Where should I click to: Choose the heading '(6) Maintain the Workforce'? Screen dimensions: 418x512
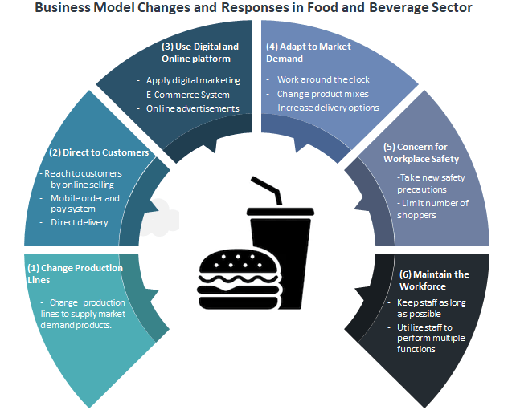[x=434, y=280]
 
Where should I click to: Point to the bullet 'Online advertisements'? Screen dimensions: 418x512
[x=193, y=108]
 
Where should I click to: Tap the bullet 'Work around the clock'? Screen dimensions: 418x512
[x=324, y=80]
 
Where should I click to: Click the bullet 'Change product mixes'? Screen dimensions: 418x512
[x=322, y=94]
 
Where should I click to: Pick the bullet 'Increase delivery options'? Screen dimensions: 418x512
[x=328, y=108]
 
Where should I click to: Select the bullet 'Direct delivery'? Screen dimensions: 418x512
[x=79, y=222]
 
